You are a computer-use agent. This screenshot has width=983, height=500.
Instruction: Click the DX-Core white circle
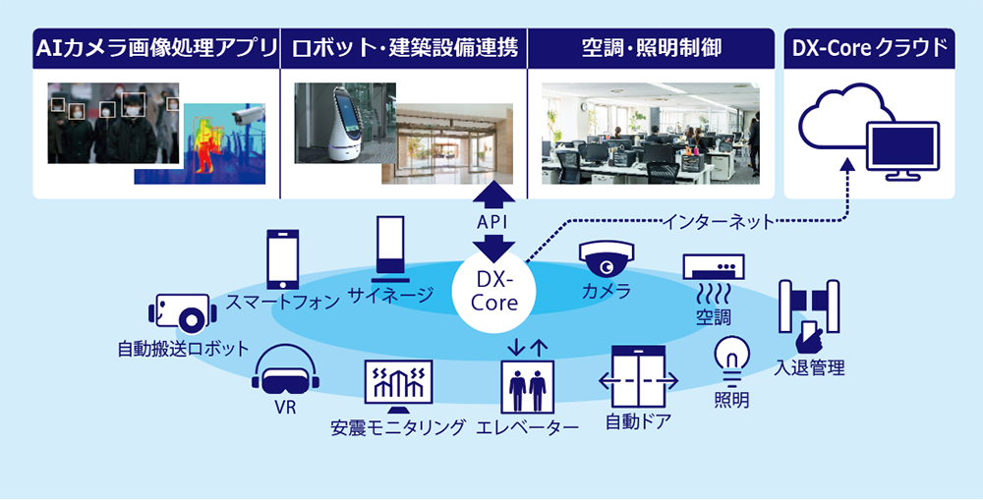[493, 292]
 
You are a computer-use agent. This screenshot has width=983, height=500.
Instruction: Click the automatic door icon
[639, 379]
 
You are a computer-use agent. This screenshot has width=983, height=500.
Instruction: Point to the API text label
[494, 223]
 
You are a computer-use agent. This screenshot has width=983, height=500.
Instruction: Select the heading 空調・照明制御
[651, 47]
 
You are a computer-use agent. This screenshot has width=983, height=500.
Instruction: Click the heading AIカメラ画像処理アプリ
[155, 47]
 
